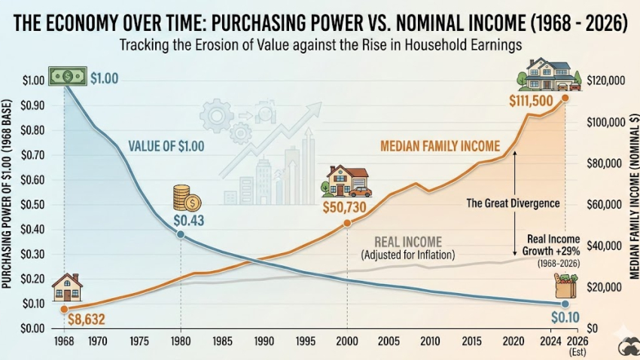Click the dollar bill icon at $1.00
point(67,75)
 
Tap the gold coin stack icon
point(184,198)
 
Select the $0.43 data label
point(189,221)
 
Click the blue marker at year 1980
point(181,234)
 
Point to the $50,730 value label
point(348,206)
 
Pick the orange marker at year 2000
point(347,223)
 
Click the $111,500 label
point(531,101)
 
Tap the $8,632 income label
point(87,319)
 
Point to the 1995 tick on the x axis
point(305,341)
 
